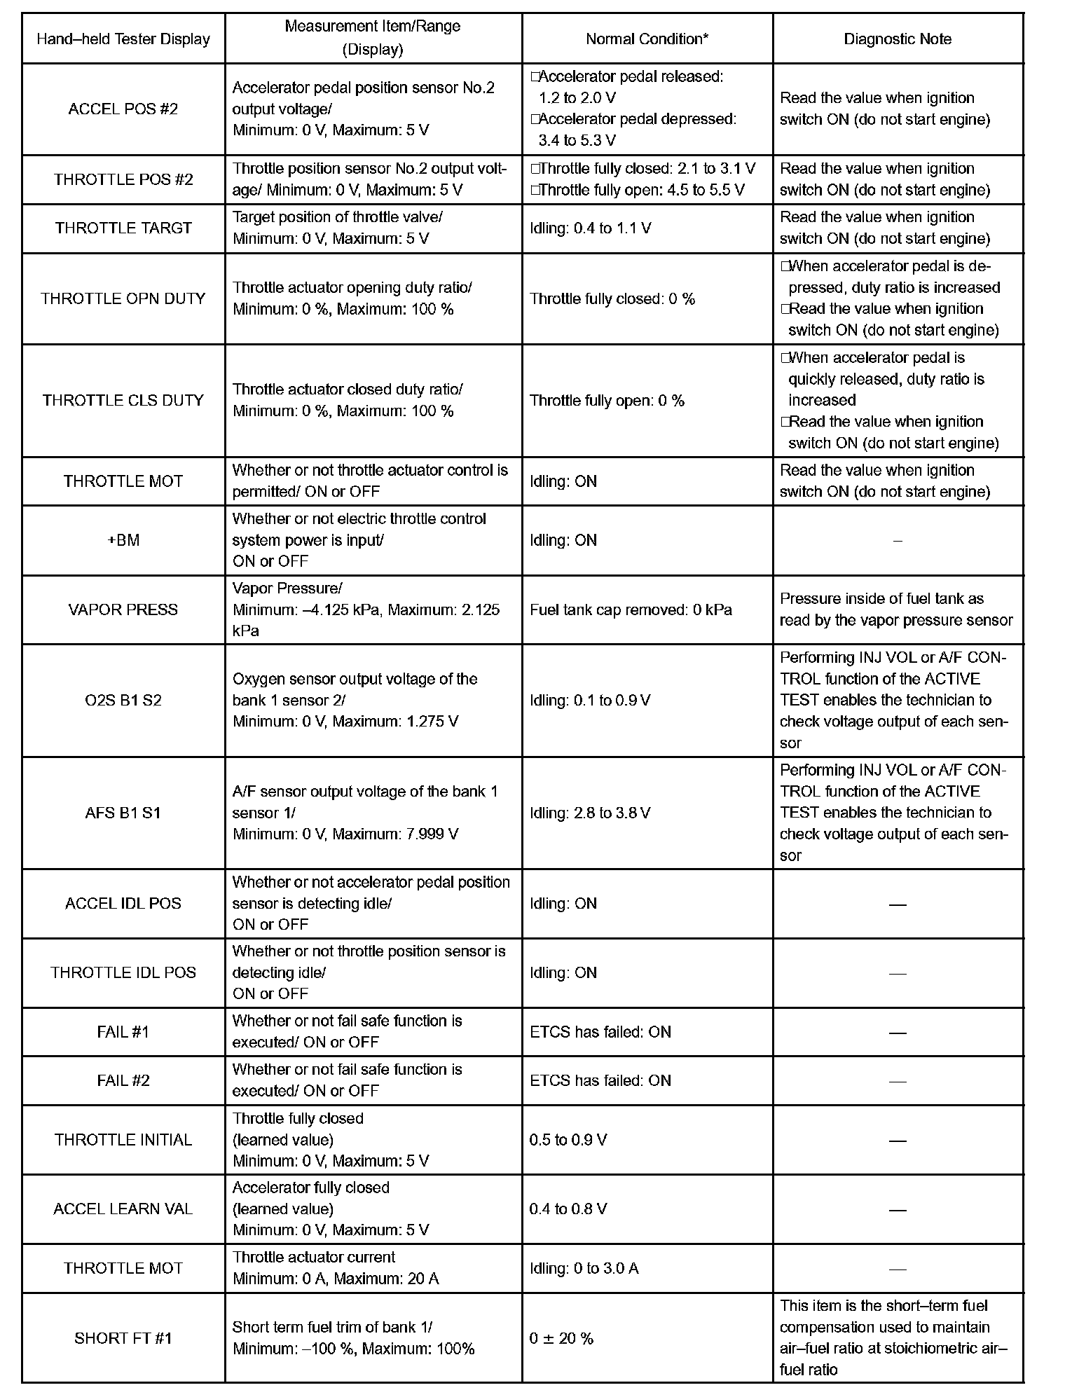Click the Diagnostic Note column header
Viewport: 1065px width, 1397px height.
tap(898, 39)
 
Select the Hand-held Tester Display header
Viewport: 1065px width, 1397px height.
tap(123, 39)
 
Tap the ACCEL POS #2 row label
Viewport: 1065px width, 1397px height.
tap(123, 109)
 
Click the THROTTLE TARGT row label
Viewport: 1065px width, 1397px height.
tap(123, 228)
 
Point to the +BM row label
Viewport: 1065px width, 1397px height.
tap(123, 540)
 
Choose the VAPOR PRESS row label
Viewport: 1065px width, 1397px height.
tap(123, 610)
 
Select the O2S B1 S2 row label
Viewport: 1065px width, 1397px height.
tap(123, 700)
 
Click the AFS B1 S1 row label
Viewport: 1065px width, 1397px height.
tap(123, 813)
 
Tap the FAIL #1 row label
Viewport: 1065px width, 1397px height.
tap(123, 1032)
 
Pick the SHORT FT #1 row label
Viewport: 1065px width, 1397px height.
tap(123, 1338)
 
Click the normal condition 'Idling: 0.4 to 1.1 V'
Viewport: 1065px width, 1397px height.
tap(590, 228)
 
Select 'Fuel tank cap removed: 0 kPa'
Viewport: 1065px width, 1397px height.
tap(631, 610)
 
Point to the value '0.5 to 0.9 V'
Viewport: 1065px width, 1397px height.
tap(568, 1140)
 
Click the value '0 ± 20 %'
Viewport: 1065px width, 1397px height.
tap(561, 1338)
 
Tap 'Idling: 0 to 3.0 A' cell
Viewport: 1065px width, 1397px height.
tap(584, 1269)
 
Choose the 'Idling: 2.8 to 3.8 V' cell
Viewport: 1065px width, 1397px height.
tap(590, 813)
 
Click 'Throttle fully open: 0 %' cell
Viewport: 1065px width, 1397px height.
tap(607, 401)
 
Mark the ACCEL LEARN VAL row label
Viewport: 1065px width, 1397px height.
tap(123, 1209)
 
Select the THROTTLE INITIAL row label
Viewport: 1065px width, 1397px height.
tap(123, 1140)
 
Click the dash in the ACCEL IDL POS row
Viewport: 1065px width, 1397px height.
tap(898, 904)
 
